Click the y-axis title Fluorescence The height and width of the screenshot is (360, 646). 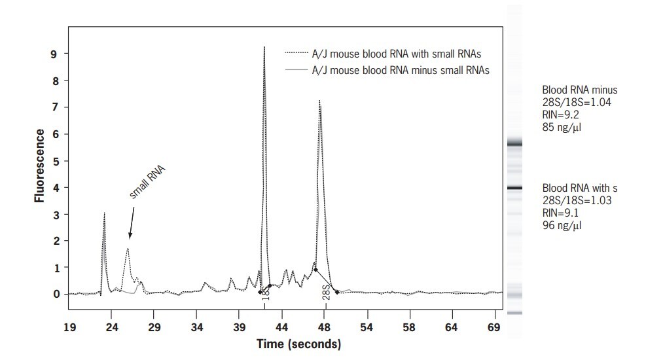coord(40,166)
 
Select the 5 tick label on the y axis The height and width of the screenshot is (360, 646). coord(56,161)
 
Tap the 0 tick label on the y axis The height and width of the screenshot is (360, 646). coord(56,294)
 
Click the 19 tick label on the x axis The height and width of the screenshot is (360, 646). coord(70,325)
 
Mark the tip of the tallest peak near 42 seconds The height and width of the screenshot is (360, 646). coord(264,47)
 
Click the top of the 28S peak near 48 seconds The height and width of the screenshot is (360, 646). coord(319,101)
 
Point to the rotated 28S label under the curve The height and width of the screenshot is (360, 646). coord(325,292)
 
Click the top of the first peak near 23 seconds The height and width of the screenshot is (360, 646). coord(104,213)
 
